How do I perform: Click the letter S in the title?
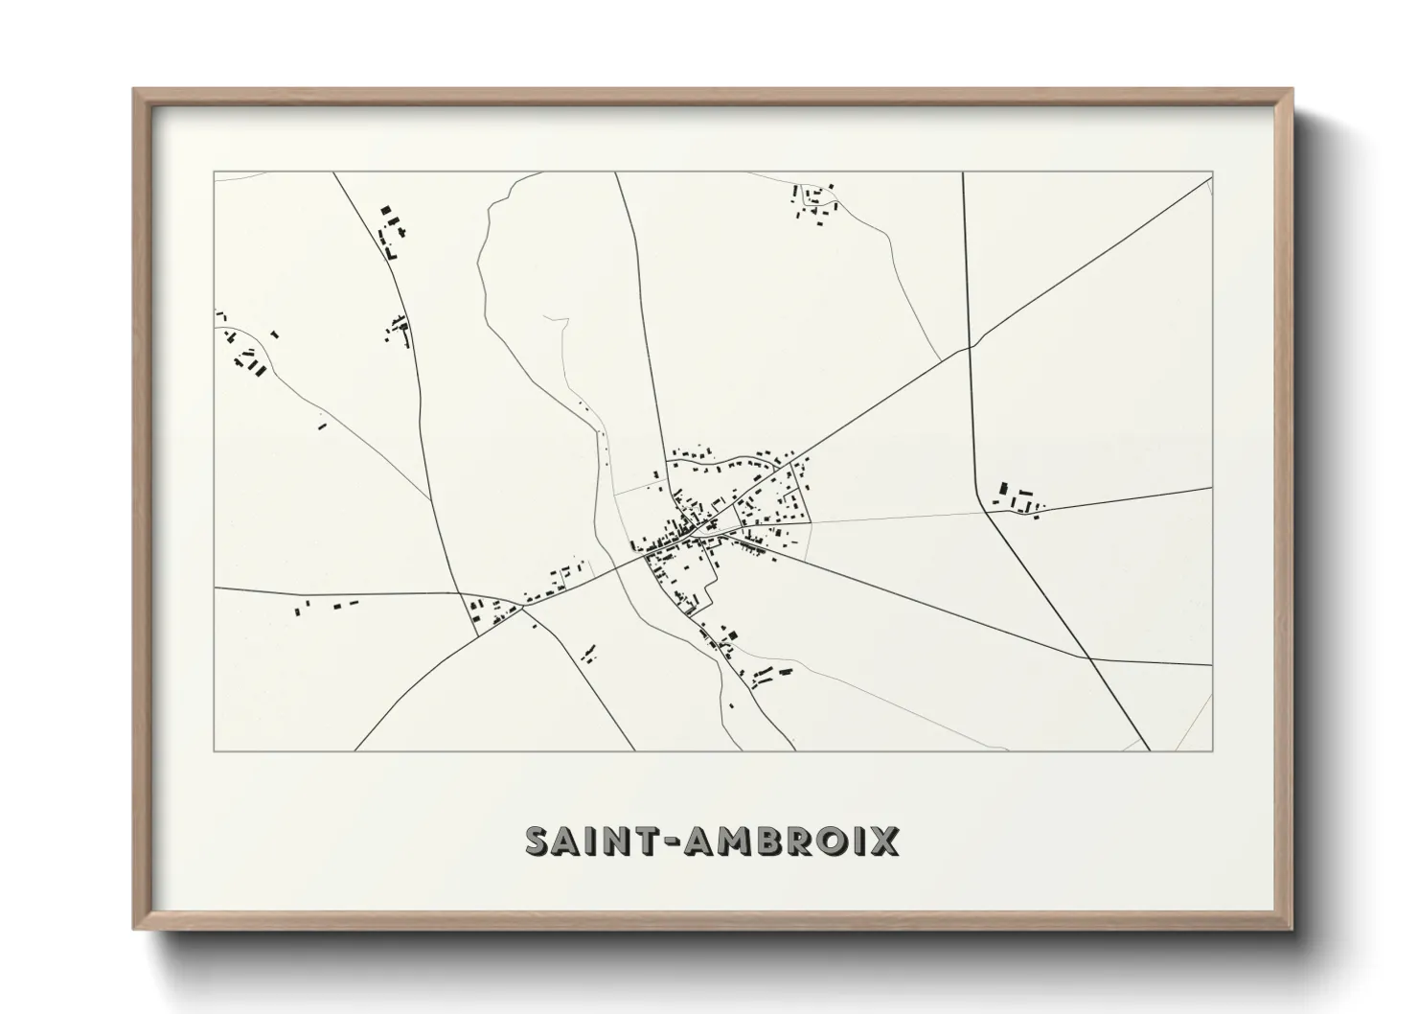539,841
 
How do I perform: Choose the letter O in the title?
830,841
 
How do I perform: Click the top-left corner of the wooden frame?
134,90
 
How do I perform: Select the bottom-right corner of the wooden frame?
1292,929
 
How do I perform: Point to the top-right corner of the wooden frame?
1292,90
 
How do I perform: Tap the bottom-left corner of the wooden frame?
134,929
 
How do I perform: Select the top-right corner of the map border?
1213,173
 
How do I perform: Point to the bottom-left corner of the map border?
214,750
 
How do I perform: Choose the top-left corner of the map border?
214,173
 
